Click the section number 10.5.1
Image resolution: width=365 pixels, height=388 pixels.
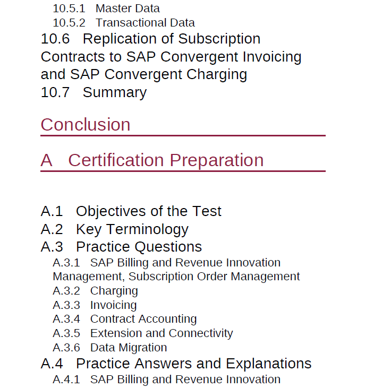pyautogui.click(x=69, y=8)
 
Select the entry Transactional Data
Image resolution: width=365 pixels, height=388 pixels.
pyautogui.click(x=146, y=23)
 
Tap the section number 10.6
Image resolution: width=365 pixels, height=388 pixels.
pyautogui.click(x=55, y=39)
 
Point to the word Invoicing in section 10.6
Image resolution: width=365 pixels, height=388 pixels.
pyautogui.click(x=272, y=57)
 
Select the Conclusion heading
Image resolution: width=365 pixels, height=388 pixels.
pyautogui.click(x=86, y=124)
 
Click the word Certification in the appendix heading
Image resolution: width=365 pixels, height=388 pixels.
pyautogui.click(x=116, y=160)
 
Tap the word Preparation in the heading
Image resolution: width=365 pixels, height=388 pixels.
pyautogui.click(x=217, y=161)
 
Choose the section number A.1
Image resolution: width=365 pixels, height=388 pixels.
pyautogui.click(x=52, y=211)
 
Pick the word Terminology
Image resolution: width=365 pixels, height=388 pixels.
pyautogui.click(x=148, y=230)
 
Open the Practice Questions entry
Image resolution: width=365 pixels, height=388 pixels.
pyautogui.click(x=139, y=247)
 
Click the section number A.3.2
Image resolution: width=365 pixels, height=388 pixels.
pyautogui.click(x=66, y=291)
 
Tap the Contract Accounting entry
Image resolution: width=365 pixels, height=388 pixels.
pyautogui.click(x=143, y=320)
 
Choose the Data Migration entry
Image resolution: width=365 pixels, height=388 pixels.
pyautogui.click(x=129, y=348)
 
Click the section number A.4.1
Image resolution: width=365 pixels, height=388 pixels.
pyautogui.click(x=66, y=380)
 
